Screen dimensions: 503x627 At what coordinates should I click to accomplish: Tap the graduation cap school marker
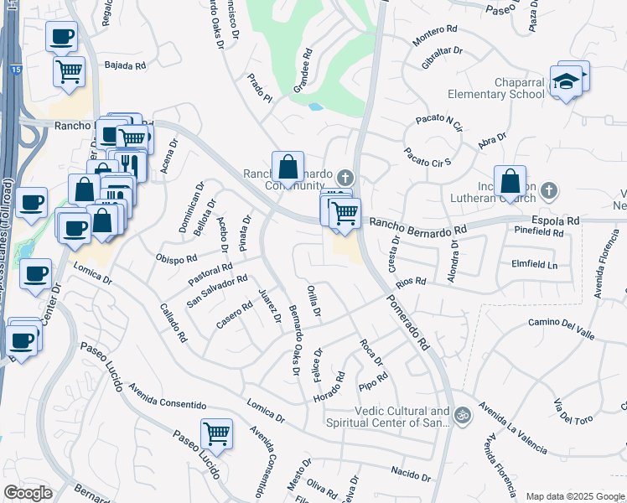[567, 82]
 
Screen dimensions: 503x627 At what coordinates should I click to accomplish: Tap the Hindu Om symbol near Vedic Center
[460, 415]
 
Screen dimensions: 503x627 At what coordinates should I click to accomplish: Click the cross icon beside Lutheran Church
[549, 191]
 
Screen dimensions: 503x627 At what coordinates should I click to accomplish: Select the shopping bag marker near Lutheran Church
[510, 181]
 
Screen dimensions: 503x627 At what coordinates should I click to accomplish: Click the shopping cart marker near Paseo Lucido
[216, 434]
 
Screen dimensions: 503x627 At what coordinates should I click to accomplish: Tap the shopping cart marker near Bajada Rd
[69, 70]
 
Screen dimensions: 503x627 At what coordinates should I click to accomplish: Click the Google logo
[27, 493]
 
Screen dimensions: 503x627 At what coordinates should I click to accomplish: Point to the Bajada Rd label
[125, 65]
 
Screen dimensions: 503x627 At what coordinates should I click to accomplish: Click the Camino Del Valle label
[562, 327]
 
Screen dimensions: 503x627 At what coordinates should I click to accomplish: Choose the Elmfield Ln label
[535, 263]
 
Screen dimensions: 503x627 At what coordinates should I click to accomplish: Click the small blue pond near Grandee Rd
[314, 107]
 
